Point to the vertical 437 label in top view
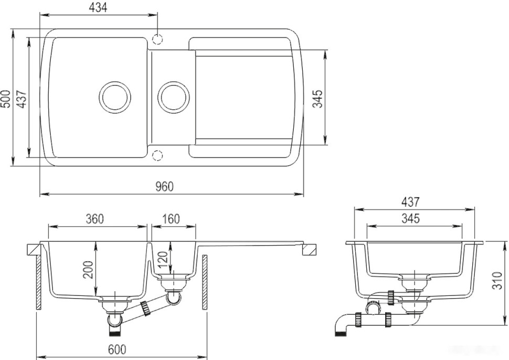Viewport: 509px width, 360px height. coord(22,98)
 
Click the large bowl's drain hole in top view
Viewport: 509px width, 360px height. coord(115,98)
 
